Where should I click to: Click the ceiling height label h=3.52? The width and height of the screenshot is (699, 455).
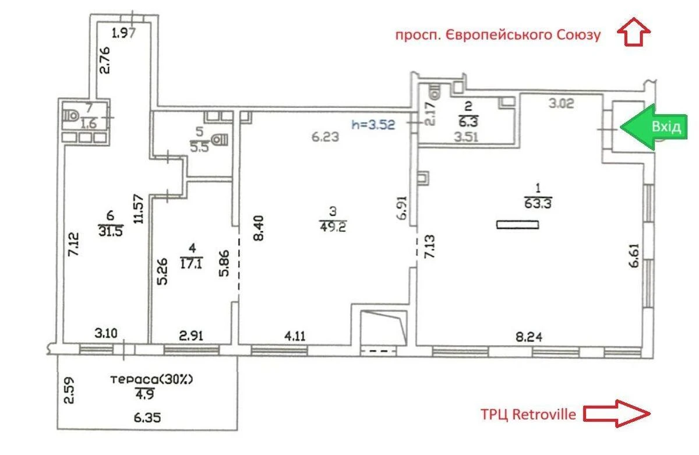(x=374, y=124)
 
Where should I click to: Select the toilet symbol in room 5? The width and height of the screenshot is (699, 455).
(x=220, y=140)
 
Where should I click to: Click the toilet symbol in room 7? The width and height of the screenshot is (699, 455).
(x=70, y=115)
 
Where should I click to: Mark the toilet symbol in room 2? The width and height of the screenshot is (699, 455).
(x=435, y=91)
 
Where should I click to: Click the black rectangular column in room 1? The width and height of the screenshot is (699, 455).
(x=518, y=224)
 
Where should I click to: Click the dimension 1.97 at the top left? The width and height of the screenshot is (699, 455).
(x=123, y=33)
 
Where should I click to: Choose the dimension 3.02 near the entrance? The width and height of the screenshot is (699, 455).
(x=563, y=105)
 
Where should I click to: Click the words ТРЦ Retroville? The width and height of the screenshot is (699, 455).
(x=529, y=414)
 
